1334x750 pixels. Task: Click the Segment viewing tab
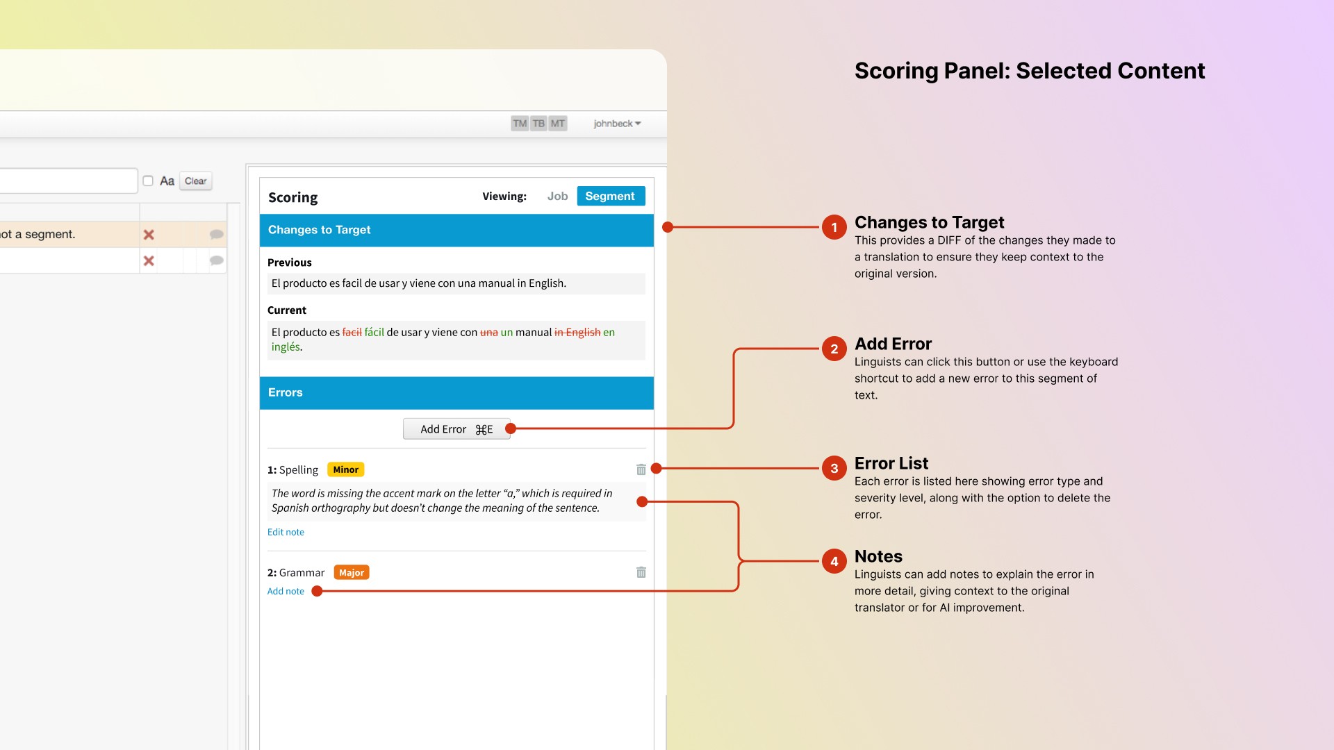tap(611, 197)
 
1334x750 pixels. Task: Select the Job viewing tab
tap(557, 197)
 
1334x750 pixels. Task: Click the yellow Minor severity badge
tap(346, 469)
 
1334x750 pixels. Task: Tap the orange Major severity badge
tap(352, 572)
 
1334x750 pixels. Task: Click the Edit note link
tap(286, 532)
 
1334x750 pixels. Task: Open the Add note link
tap(286, 591)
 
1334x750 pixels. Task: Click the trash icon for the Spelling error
tap(641, 469)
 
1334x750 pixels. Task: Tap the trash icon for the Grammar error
tap(641, 572)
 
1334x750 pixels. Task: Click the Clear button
tap(196, 181)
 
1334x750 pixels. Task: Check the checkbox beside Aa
tap(148, 181)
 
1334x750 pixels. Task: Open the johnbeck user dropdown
tap(617, 124)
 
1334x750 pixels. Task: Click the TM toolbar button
tap(520, 124)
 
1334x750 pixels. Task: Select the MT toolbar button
tap(558, 124)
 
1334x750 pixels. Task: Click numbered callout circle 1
tap(834, 227)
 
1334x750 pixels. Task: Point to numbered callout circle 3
tap(834, 468)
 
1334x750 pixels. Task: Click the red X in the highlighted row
tap(149, 235)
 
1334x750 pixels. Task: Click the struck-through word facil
tap(352, 333)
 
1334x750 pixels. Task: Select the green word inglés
tap(286, 347)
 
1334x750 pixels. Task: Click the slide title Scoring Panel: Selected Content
tap(1030, 71)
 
